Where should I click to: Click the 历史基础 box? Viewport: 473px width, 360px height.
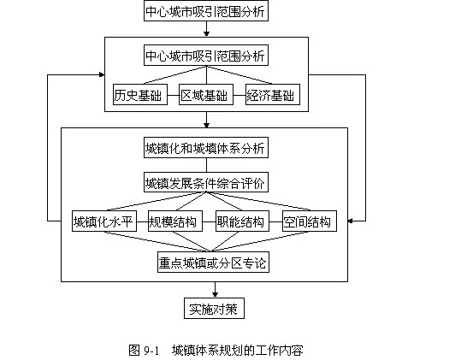tap(140, 95)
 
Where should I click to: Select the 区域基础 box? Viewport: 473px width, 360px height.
tap(206, 95)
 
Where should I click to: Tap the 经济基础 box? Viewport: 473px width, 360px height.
tap(273, 95)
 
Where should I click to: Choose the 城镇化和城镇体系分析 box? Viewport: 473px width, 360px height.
tap(206, 148)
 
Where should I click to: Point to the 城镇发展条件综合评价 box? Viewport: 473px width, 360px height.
tap(206, 182)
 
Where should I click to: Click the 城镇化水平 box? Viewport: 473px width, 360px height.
tap(104, 221)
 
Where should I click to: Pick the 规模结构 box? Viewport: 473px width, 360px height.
tap(175, 221)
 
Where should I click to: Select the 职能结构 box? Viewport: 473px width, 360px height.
tap(242, 221)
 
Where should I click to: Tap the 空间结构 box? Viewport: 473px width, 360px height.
tap(310, 221)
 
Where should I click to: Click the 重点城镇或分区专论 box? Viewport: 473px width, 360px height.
tap(213, 263)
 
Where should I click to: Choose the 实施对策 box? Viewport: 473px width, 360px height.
tap(214, 309)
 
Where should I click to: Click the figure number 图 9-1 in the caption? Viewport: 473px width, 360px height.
tap(144, 351)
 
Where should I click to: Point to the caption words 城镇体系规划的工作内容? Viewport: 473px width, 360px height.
tap(238, 351)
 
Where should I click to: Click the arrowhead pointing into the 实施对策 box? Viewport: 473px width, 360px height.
tap(215, 294)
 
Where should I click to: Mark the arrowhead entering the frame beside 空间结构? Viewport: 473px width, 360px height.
tap(351, 221)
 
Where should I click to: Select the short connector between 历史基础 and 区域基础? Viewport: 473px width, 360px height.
tap(173, 96)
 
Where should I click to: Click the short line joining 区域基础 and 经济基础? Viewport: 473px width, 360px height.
tap(239, 96)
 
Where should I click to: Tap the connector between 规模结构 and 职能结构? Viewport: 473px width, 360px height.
tap(209, 222)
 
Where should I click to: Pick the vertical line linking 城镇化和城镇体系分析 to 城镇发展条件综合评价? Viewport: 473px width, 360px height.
tap(207, 165)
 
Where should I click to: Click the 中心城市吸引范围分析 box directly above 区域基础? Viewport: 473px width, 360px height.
tap(206, 56)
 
